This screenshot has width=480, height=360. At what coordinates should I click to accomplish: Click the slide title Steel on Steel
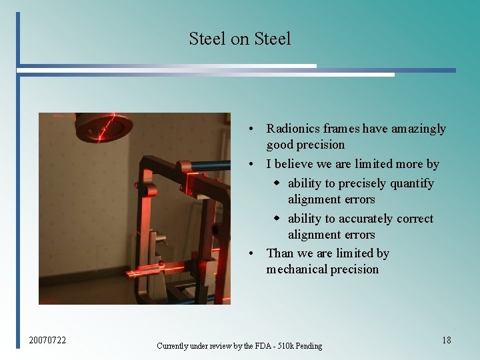(x=239, y=39)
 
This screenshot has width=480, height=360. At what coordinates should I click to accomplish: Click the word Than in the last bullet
(x=279, y=253)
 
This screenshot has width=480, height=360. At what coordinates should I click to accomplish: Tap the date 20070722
(x=47, y=341)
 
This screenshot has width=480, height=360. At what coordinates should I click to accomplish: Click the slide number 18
(x=446, y=340)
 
